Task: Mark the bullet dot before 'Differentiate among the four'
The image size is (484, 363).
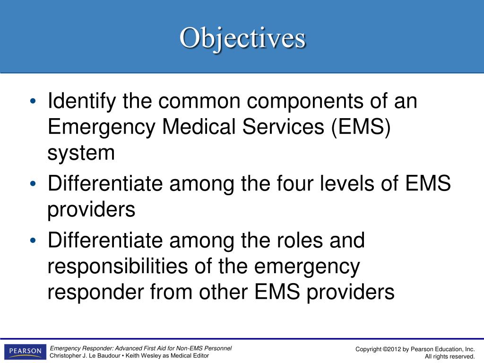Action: (x=32, y=184)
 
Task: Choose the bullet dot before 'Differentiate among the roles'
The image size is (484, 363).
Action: (x=32, y=241)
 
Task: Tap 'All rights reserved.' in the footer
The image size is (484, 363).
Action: (x=449, y=356)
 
